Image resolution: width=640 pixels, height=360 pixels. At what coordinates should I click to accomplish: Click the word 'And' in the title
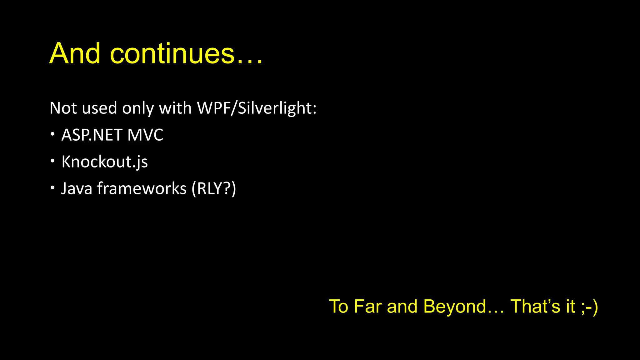click(75, 53)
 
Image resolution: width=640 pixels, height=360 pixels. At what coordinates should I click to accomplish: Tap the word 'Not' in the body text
click(63, 108)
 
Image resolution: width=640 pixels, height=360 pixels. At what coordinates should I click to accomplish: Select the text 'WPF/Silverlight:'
click(257, 108)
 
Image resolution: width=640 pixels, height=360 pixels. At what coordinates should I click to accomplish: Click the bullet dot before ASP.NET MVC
click(52, 134)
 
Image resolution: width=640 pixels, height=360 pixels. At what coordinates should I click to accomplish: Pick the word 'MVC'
click(145, 135)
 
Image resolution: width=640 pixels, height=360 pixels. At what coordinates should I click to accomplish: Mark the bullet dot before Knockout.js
click(52, 161)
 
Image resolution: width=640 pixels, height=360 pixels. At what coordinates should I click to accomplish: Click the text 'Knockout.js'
click(105, 162)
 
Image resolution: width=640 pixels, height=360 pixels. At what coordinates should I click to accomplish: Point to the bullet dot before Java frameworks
click(52, 188)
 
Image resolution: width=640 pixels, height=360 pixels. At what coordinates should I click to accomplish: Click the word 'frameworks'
click(142, 188)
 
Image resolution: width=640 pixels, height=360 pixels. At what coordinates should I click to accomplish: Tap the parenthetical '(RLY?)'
click(214, 188)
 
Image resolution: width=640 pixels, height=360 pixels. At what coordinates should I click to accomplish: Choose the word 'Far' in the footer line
click(368, 306)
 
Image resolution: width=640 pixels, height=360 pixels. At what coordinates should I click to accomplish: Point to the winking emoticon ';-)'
click(589, 306)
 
